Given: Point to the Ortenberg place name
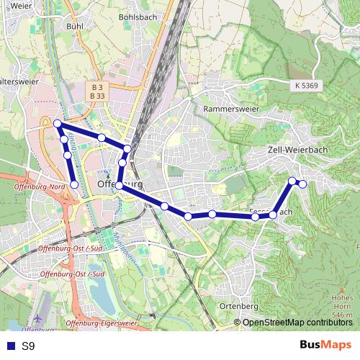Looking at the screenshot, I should (x=238, y=306).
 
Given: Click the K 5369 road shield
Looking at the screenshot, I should (x=306, y=85).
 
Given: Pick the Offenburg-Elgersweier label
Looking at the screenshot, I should (x=101, y=324).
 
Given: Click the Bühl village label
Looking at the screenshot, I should (x=74, y=26).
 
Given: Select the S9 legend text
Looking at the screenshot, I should (x=27, y=346).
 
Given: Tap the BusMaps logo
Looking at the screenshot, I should (x=325, y=346).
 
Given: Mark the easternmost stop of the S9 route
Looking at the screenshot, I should (x=303, y=184).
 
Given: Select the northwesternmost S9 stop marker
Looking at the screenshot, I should (x=58, y=124).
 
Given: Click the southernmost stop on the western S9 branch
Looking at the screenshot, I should (x=74, y=185).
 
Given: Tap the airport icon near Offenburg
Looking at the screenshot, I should (x=38, y=318).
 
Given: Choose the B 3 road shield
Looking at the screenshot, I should (x=98, y=86).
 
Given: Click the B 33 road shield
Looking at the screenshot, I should (x=98, y=95).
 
